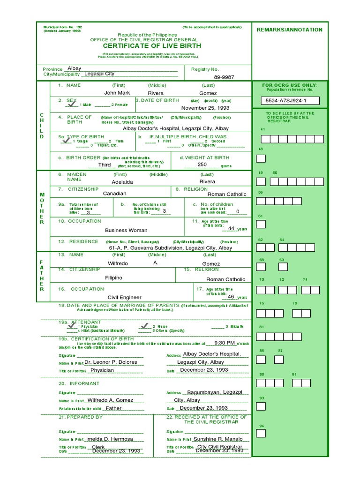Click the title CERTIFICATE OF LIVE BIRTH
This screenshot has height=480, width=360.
(x=145, y=46)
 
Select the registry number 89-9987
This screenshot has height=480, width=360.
(x=224, y=77)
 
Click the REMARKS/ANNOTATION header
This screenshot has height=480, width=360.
(x=290, y=30)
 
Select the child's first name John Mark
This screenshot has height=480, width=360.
(x=117, y=93)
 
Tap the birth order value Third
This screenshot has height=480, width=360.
(x=105, y=165)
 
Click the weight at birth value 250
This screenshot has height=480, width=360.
(x=202, y=165)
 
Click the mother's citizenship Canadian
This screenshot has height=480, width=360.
(x=115, y=193)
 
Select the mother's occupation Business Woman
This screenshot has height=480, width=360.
(x=126, y=230)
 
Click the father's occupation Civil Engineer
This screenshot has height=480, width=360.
(x=124, y=297)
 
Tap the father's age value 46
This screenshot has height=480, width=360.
(x=231, y=297)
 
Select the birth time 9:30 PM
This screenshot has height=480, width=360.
(x=224, y=343)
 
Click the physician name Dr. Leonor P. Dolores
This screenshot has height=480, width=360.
(x=111, y=362)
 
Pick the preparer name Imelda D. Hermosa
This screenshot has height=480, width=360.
(x=110, y=439)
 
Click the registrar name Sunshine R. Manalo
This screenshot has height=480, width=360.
(x=218, y=439)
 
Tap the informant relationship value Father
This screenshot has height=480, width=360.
(x=113, y=408)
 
